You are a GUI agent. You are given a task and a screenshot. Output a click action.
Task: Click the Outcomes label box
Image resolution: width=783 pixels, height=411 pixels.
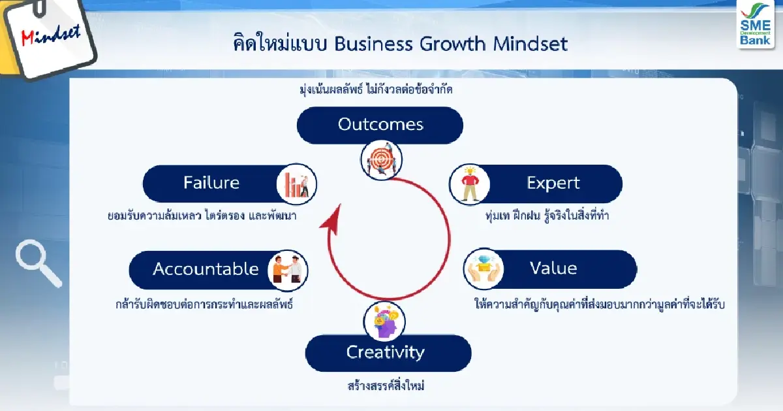(x=380, y=124)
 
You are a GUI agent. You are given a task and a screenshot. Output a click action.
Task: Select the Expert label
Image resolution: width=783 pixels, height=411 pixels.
(x=553, y=183)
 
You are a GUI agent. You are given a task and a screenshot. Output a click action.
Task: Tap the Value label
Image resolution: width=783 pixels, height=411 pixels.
(x=553, y=269)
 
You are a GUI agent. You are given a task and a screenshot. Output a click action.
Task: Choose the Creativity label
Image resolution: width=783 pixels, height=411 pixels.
(x=386, y=353)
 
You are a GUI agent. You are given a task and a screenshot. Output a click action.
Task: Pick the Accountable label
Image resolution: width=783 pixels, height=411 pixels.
(x=206, y=269)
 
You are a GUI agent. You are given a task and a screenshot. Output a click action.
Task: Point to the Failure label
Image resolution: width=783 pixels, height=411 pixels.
(x=211, y=183)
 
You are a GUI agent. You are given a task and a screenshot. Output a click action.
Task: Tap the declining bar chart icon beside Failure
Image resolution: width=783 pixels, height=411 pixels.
(x=296, y=184)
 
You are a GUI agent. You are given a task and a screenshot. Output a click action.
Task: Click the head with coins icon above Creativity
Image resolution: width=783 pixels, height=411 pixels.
(x=386, y=320)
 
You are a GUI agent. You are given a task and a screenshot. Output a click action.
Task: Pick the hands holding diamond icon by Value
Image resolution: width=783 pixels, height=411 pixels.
(x=484, y=269)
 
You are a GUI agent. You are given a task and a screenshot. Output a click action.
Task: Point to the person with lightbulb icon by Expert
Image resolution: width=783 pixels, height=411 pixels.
(x=468, y=184)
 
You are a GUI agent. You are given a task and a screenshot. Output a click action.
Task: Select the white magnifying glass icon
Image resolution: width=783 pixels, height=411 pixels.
(x=37, y=262)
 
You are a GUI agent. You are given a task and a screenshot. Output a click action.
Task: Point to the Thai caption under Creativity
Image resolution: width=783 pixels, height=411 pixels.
(x=386, y=386)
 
